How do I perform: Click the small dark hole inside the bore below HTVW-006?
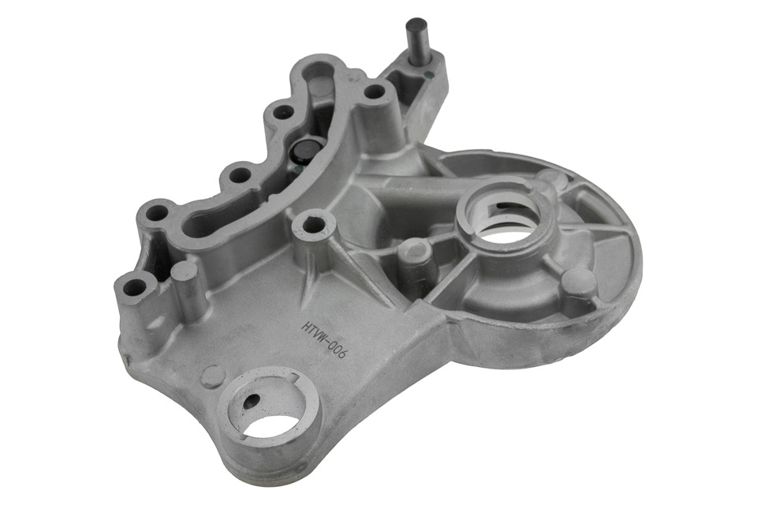coord(252,400)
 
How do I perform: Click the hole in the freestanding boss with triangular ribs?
coord(315,224)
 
